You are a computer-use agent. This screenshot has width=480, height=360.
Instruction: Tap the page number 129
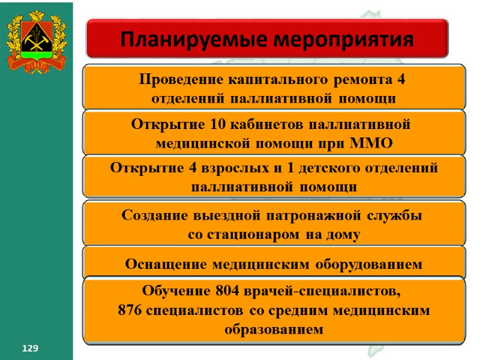point(30,349)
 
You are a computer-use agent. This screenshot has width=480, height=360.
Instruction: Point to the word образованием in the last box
point(274,329)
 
